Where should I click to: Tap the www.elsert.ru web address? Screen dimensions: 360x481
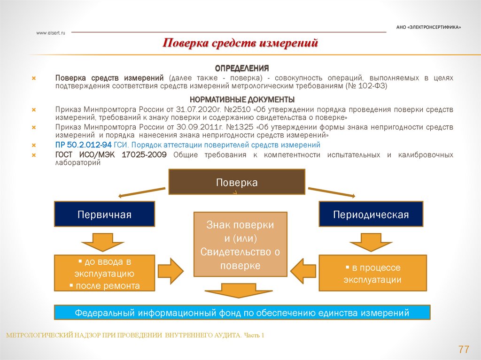coord(50,32)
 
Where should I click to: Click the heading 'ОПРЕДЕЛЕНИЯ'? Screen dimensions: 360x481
coord(241,68)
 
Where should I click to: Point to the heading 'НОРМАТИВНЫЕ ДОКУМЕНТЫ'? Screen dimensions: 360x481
coord(242,100)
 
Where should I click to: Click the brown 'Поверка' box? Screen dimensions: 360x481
coord(237,182)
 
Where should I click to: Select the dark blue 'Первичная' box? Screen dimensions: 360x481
coord(105,214)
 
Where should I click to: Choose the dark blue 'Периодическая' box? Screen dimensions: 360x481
coord(371,214)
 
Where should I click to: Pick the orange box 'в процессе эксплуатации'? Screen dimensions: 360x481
coord(372,273)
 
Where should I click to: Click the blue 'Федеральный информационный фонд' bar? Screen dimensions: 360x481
coord(242,313)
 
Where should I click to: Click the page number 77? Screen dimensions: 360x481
coord(464,350)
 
